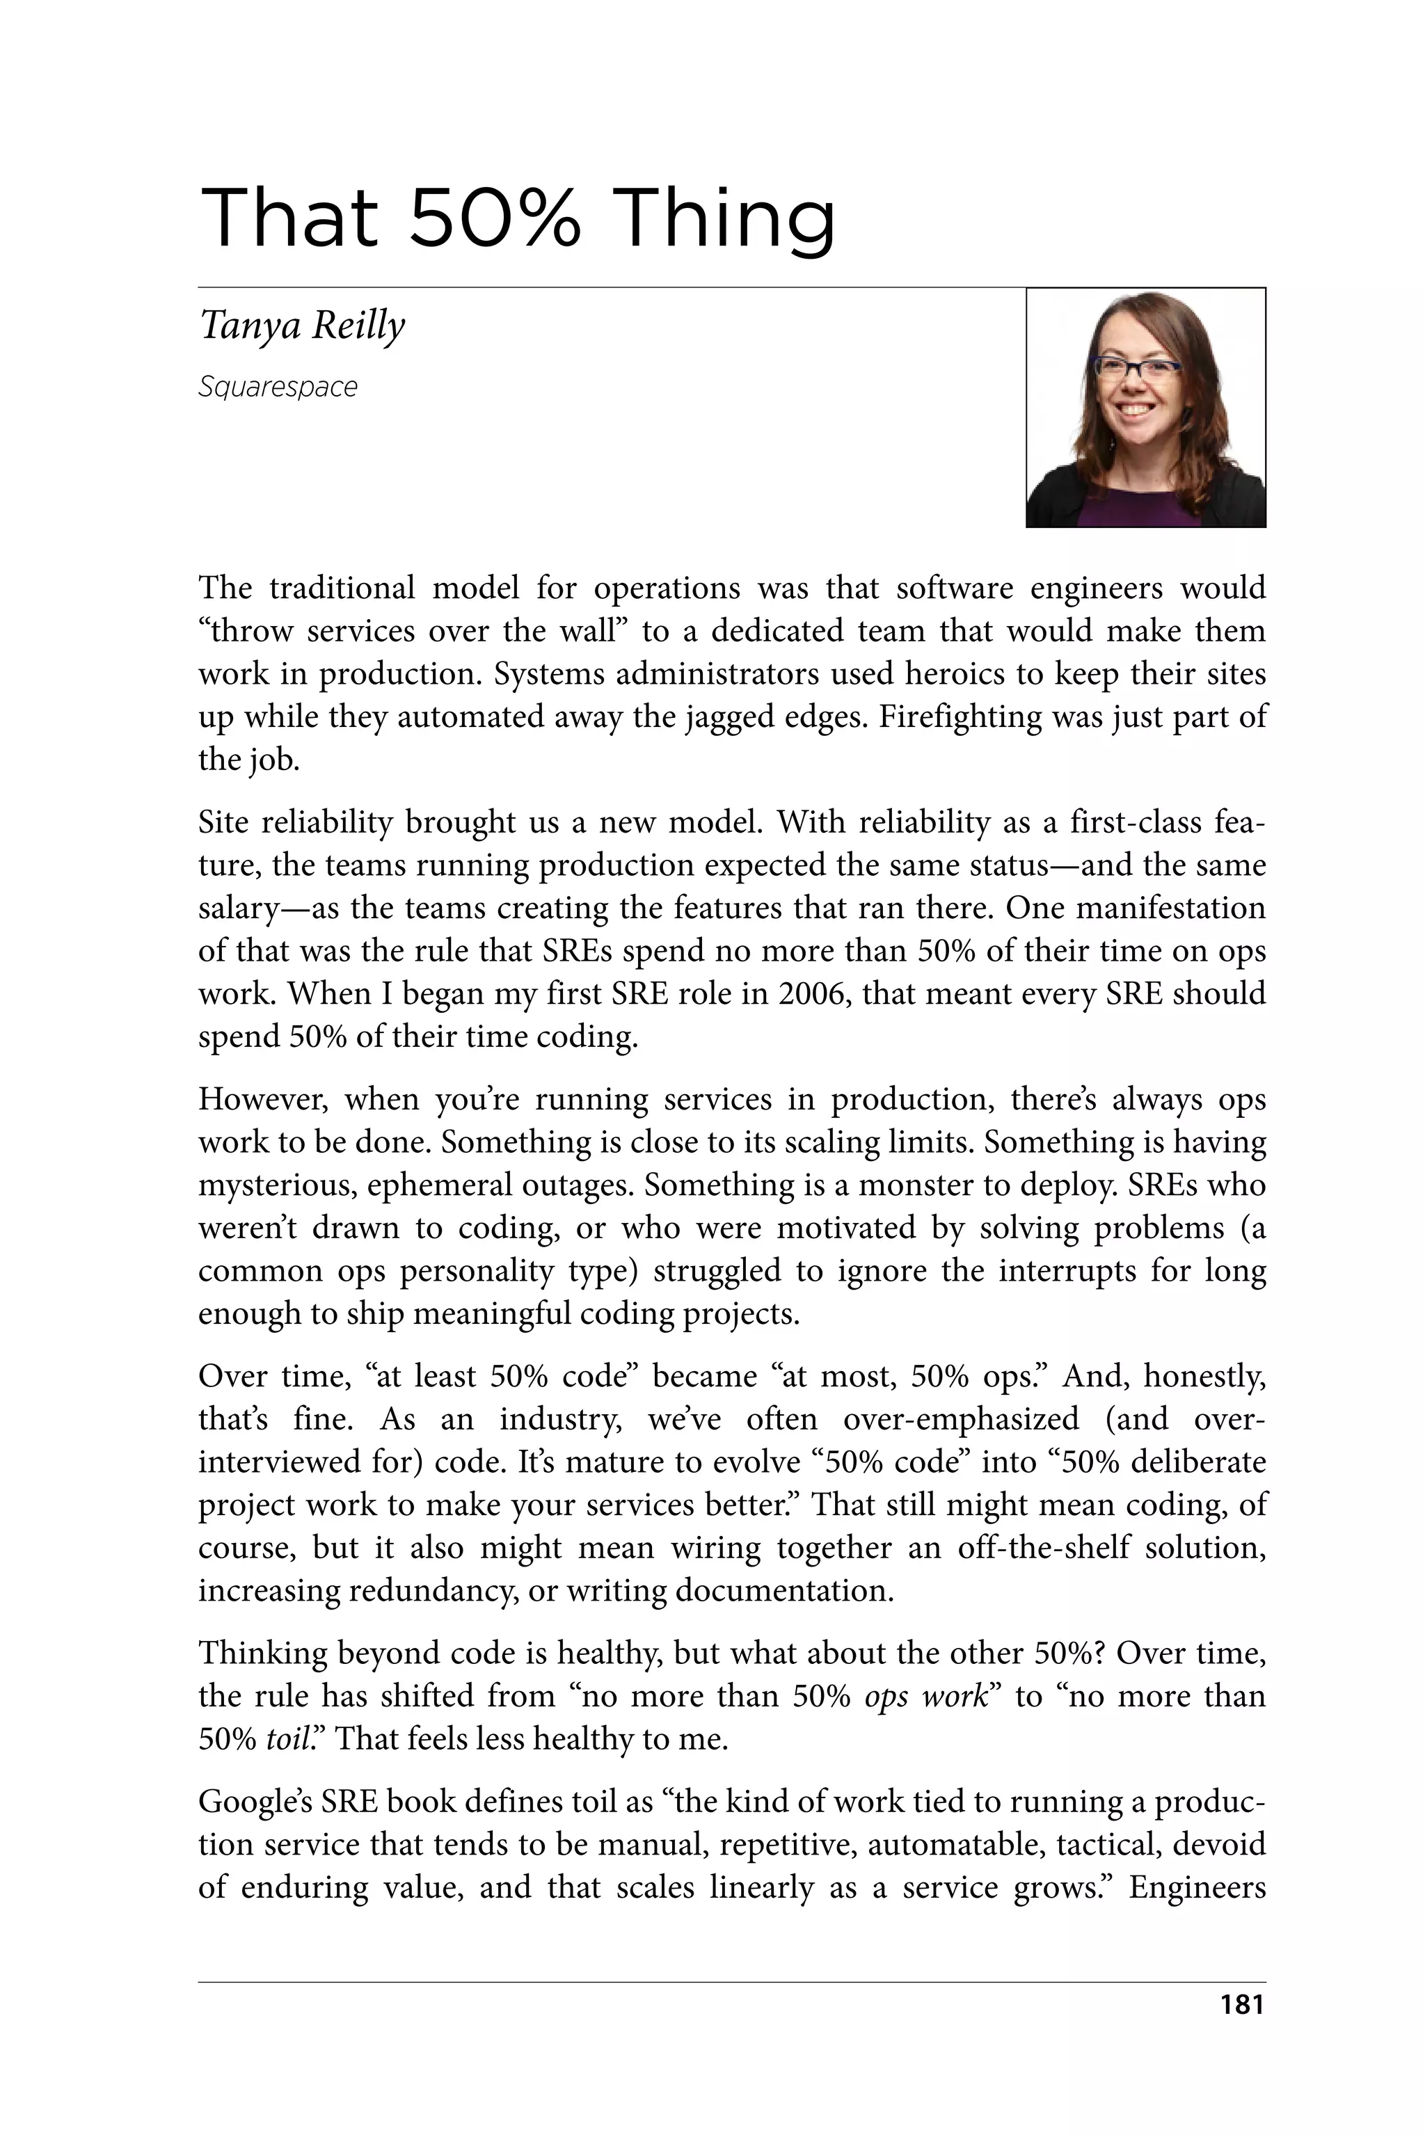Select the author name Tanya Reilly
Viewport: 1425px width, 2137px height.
coord(302,326)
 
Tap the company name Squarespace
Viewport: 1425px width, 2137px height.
coord(278,387)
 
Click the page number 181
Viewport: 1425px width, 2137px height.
coord(1241,2004)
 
